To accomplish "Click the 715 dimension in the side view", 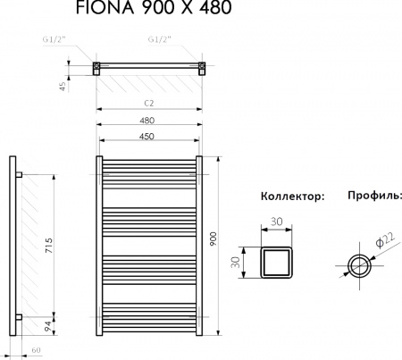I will [50, 243].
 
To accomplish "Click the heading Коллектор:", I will [291, 196].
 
